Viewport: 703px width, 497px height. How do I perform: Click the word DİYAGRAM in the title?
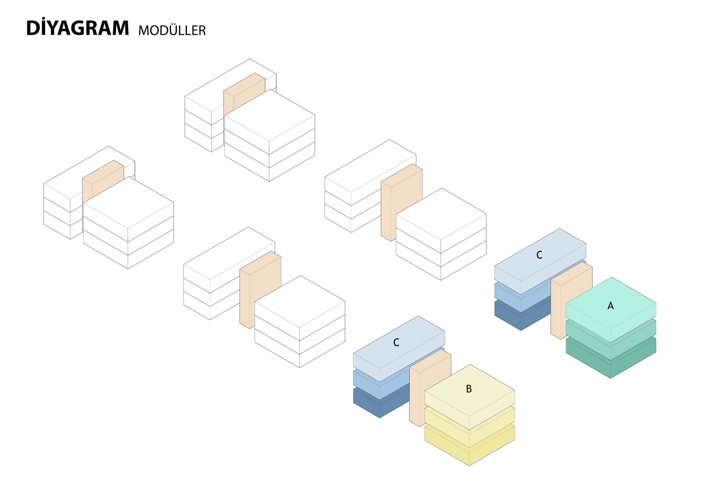pos(78,28)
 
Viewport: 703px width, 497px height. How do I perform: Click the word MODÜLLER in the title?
pos(172,30)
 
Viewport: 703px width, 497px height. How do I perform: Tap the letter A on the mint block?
pos(611,306)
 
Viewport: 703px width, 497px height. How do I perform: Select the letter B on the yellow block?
pos(469,389)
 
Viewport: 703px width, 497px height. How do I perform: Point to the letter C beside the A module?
pos(539,255)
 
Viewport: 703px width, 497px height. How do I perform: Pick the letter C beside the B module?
pos(396,342)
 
